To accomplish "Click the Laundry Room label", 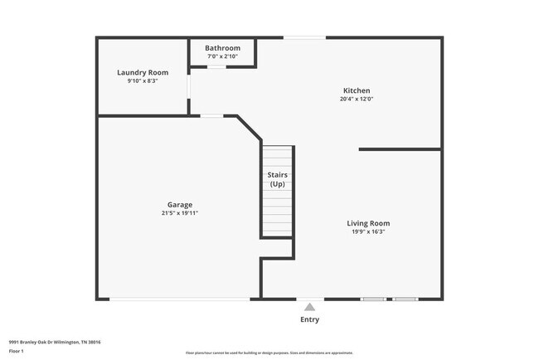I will point(143,72).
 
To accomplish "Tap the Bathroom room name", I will point(223,48).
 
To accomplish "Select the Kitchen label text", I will point(357,90).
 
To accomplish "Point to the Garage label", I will point(180,204).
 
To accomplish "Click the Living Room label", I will point(368,223).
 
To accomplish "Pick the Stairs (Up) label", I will point(277,179).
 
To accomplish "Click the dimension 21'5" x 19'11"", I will point(180,213).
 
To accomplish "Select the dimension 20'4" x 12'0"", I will point(357,100).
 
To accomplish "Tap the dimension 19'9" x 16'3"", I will point(368,232).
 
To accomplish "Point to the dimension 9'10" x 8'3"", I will point(143,81).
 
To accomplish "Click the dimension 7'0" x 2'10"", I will point(223,56).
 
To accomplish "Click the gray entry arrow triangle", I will point(309,307).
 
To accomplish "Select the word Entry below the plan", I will point(309,319).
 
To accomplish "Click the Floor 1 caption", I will point(15,351).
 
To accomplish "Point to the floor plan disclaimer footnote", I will point(269,353).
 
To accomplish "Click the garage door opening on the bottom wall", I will point(179,299).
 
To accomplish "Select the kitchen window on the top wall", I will point(305,37).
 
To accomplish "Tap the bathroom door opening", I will point(216,66).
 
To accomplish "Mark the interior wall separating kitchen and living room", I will point(400,149).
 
